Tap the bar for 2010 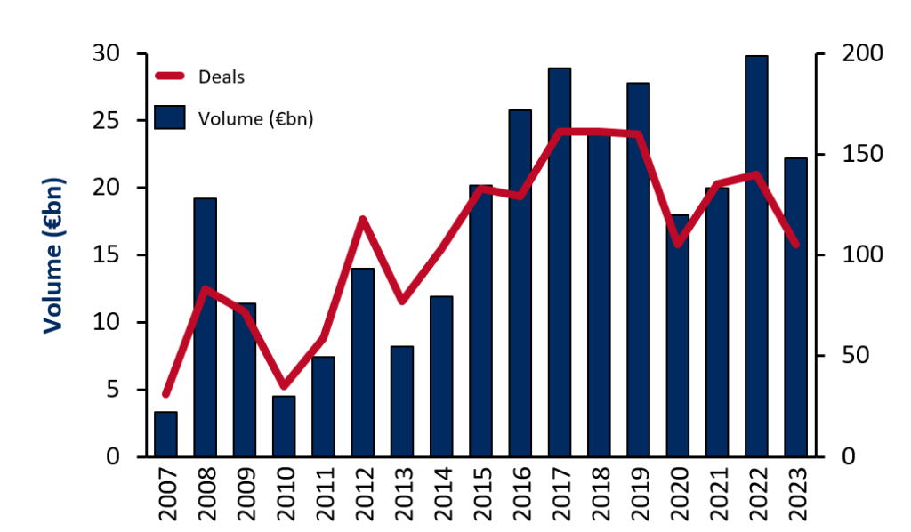point(284,426)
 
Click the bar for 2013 point(401,401)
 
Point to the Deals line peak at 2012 point(363,219)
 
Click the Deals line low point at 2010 point(284,386)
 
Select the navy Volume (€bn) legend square point(169,117)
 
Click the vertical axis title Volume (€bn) point(54,256)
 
